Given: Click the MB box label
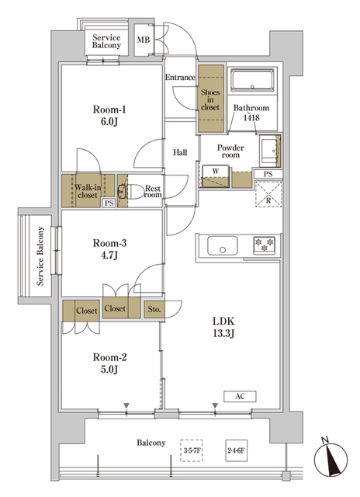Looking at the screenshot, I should click(144, 40).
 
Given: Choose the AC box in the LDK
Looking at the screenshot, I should click(241, 396).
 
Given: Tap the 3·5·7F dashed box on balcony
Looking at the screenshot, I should click(192, 450).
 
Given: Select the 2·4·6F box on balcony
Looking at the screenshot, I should click(236, 450).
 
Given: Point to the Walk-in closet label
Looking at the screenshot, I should click(88, 191).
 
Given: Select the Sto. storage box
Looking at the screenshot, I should click(154, 309).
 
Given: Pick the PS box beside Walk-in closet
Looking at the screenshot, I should click(107, 203).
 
